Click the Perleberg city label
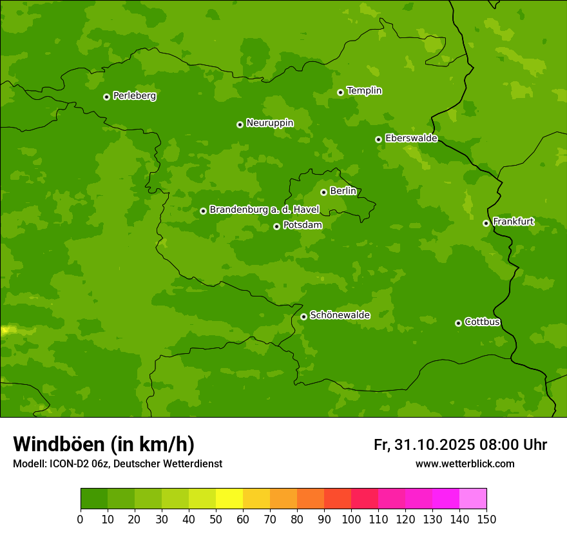[x=134, y=96]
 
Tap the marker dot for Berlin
[x=323, y=192]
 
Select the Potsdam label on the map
[x=302, y=226]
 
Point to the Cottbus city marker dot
[x=458, y=323]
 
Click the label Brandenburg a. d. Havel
[x=264, y=210]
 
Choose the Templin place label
[x=364, y=91]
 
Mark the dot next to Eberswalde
[x=378, y=139]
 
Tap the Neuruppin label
[x=269, y=123]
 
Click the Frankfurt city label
[x=513, y=222]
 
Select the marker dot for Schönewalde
[x=303, y=316]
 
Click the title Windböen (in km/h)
[x=104, y=444]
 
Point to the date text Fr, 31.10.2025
[x=424, y=445]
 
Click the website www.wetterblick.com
[x=465, y=464]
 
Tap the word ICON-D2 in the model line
[x=69, y=464]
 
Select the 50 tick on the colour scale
[x=216, y=519]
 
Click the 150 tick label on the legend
[x=486, y=519]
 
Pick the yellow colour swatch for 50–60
[x=229, y=499]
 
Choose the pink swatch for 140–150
[x=473, y=499]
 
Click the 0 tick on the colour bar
[x=81, y=519]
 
